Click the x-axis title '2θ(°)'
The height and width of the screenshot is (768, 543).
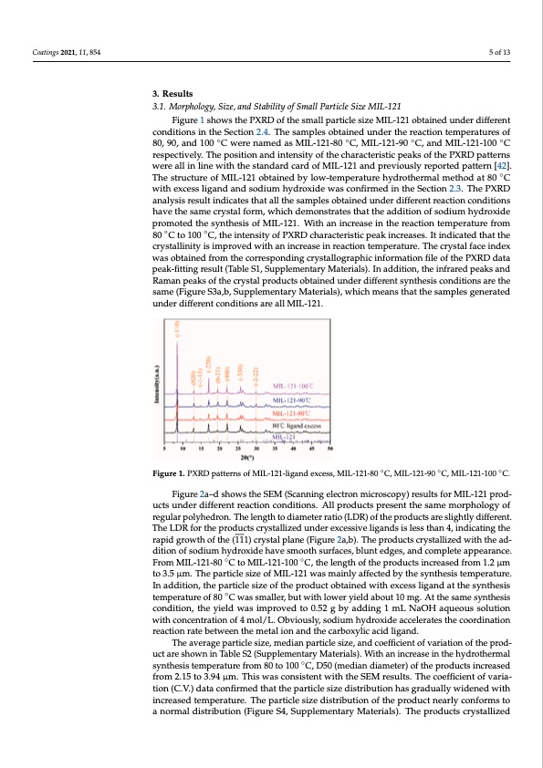pos(248,458)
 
